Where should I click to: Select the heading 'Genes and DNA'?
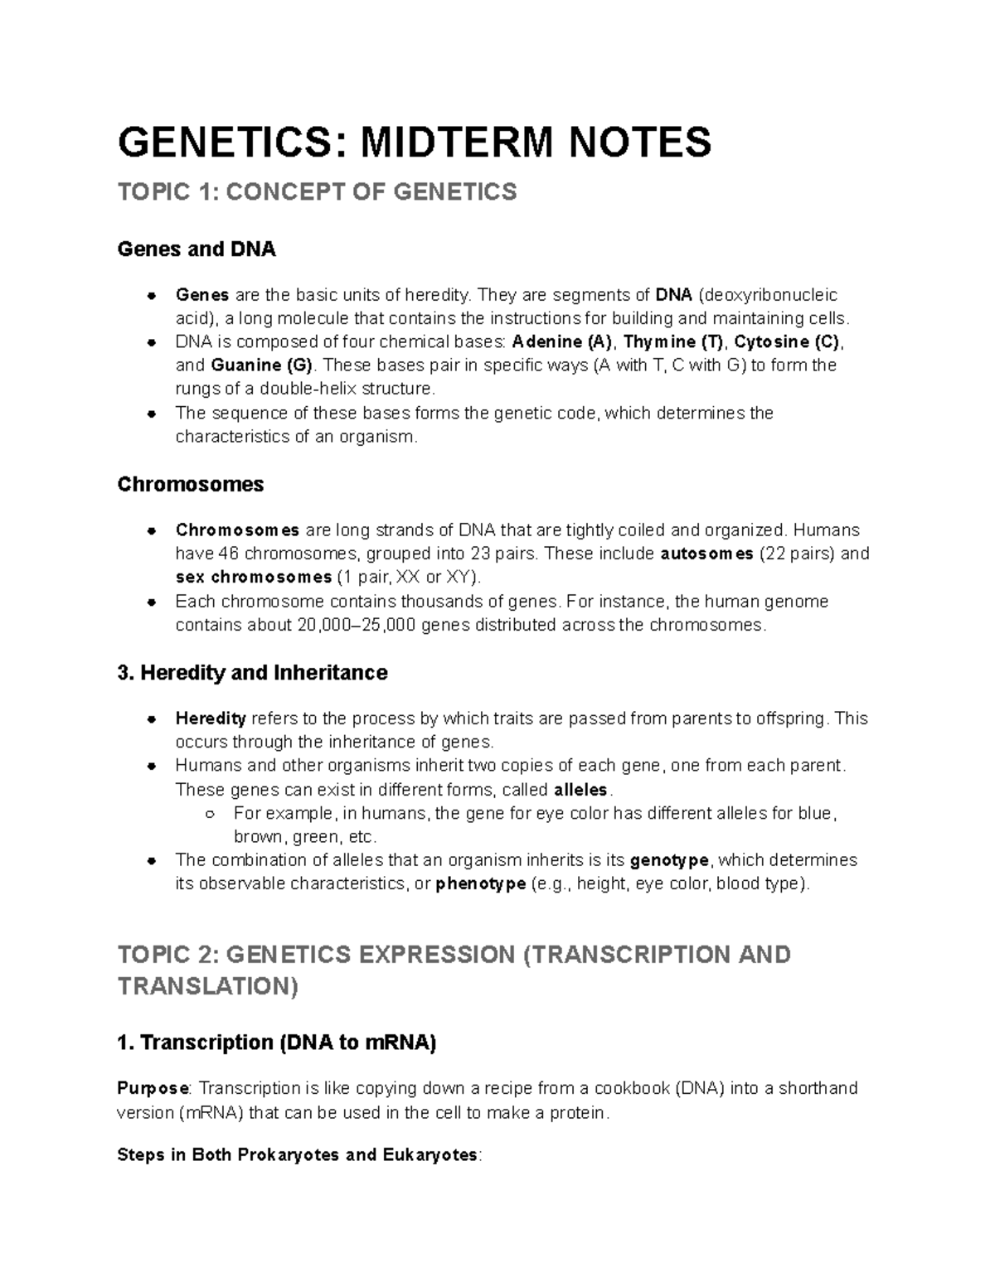point(197,249)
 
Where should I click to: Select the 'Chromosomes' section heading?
point(191,484)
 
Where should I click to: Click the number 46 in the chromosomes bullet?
point(230,554)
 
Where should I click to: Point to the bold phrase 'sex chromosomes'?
point(254,577)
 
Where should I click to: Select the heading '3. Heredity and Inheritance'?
point(253,672)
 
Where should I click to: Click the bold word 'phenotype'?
point(481,883)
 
